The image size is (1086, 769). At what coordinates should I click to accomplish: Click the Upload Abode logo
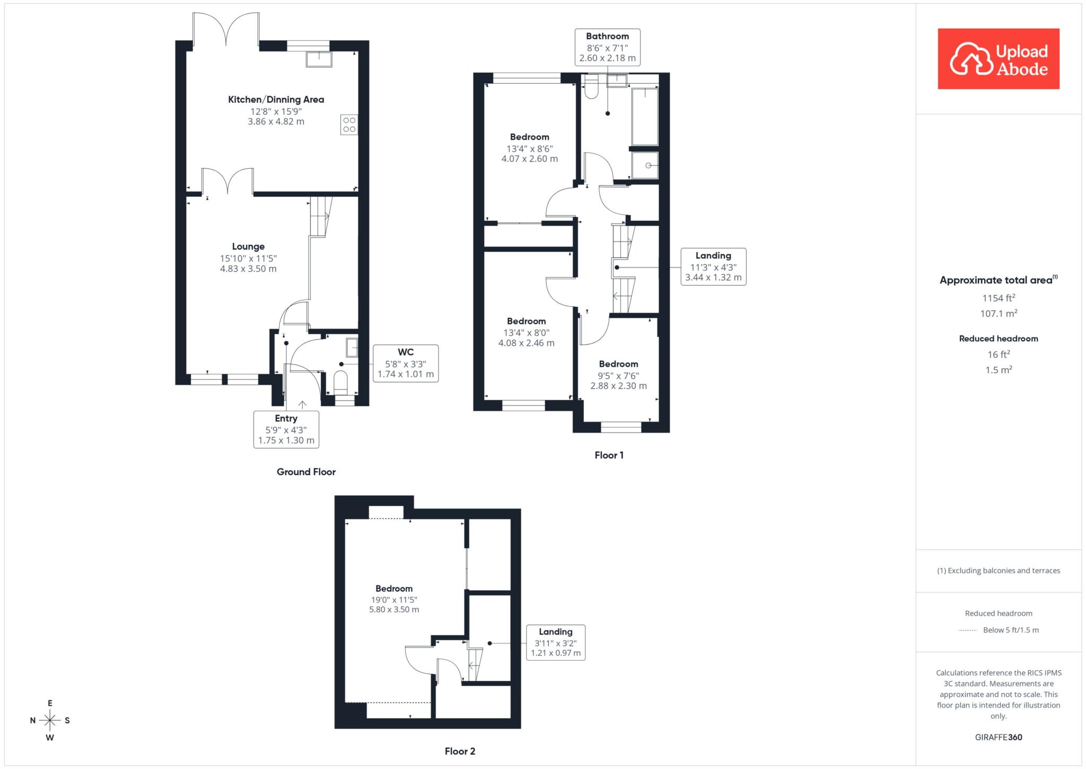[999, 59]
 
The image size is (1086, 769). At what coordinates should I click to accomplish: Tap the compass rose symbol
[50, 720]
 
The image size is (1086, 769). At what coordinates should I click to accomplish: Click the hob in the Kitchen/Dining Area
[349, 125]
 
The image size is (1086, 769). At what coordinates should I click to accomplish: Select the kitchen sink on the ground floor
[319, 59]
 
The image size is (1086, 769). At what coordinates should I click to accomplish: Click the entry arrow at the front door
[302, 404]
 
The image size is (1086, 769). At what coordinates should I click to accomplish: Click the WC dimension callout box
[406, 363]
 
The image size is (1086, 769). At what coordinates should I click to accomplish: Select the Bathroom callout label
[608, 47]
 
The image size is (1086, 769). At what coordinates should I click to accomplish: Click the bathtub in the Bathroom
[645, 116]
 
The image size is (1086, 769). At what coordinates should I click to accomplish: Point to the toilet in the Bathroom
[591, 87]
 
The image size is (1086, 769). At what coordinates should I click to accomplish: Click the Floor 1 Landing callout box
[713, 266]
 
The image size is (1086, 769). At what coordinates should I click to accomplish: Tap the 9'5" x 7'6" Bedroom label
[619, 375]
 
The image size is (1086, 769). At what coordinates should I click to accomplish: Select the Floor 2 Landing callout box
[556, 642]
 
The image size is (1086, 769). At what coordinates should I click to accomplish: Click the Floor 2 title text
[460, 751]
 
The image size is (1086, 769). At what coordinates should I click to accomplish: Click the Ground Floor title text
[306, 472]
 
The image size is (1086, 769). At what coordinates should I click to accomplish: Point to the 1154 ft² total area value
[999, 298]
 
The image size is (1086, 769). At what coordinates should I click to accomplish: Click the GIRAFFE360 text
[999, 737]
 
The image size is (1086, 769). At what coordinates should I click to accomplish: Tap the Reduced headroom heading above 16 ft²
[999, 339]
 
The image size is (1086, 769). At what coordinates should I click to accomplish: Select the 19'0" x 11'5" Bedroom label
[394, 599]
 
